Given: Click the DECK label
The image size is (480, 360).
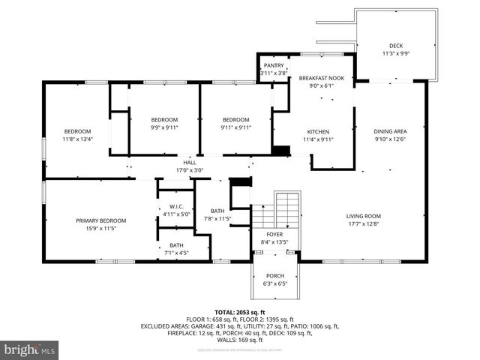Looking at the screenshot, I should [x=395, y=45].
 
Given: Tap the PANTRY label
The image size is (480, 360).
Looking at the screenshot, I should [x=273, y=65].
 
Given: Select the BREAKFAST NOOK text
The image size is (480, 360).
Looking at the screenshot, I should [x=321, y=78].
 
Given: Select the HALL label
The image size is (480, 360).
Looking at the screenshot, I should [x=190, y=162].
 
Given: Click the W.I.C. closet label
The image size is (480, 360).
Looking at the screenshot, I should [x=175, y=207].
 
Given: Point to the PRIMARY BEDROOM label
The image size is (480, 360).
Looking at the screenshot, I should [x=100, y=220].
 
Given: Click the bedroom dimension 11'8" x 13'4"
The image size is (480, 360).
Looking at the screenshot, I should [x=77, y=139].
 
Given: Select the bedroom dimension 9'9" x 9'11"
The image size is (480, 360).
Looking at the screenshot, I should [x=164, y=127].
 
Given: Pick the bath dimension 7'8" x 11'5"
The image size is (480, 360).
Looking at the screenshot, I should [x=218, y=218].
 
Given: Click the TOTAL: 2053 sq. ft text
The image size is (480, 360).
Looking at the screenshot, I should [x=240, y=312].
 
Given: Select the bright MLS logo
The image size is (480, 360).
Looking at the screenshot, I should [x=30, y=349].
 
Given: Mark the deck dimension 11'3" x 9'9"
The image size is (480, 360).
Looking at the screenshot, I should [x=395, y=53].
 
